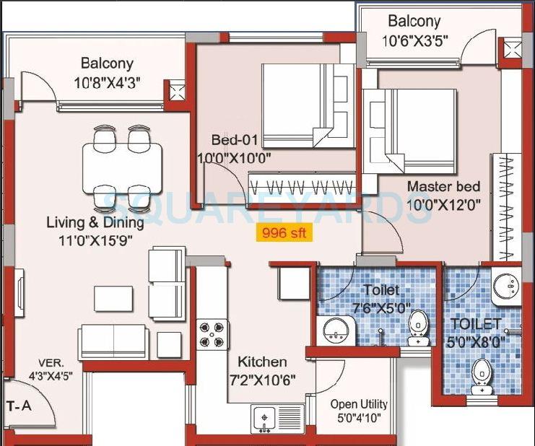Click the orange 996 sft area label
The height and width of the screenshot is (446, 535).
(284, 233)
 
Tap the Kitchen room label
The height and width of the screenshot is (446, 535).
(262, 362)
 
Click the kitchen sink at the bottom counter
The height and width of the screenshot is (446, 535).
(268, 416)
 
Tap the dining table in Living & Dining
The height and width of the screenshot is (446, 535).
(122, 164)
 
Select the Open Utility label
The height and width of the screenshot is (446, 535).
(359, 404)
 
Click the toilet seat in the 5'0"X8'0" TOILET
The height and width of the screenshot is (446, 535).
(482, 375)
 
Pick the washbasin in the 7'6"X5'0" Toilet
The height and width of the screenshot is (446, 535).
(334, 331)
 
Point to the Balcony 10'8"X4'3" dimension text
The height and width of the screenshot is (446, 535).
(106, 82)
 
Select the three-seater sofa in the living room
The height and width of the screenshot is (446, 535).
(114, 341)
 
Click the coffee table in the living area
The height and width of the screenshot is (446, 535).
(113, 298)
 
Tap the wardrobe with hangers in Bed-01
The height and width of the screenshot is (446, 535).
(302, 184)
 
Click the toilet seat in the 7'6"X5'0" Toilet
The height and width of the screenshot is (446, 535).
(417, 326)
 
